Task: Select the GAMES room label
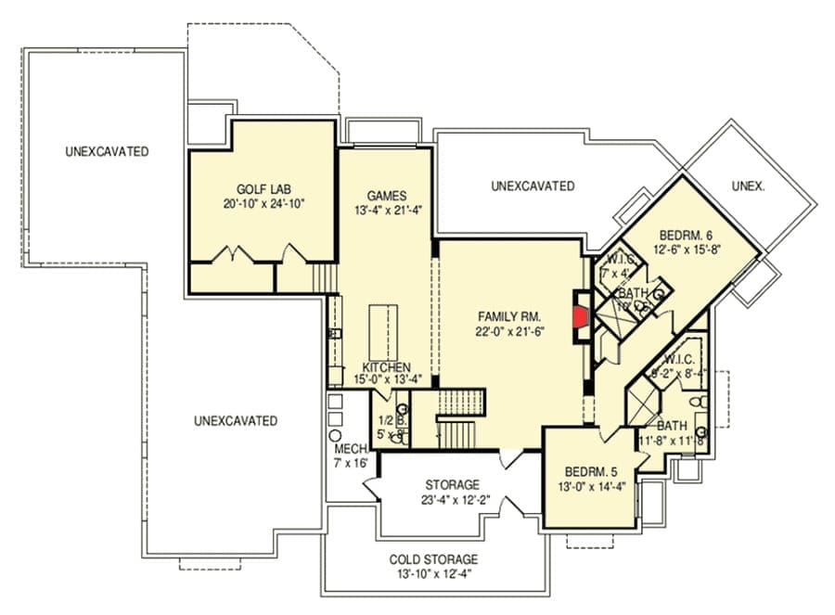[x=386, y=196]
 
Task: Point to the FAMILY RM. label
[x=509, y=314]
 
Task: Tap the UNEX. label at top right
[x=748, y=186]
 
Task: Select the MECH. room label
[x=350, y=449]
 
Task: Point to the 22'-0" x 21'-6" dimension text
[x=509, y=331]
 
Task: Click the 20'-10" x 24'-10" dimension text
[x=264, y=203]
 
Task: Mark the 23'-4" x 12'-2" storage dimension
[x=453, y=500]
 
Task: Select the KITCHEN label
[x=386, y=368]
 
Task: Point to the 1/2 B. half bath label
[x=388, y=418]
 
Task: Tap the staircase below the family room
[x=456, y=416]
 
